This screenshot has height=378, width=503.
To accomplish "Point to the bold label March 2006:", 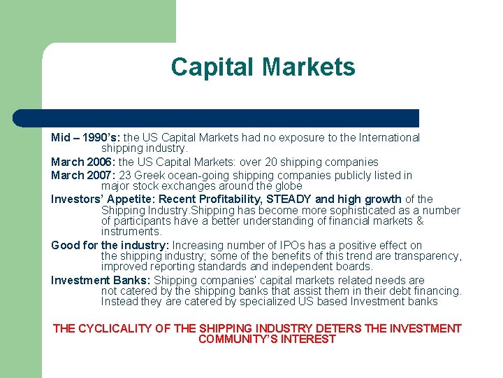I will tap(78, 162).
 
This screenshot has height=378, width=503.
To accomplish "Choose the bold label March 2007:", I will tap(78, 175).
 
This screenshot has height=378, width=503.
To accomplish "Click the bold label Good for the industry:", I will tap(110, 245).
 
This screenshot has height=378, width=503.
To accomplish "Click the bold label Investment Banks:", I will tap(101, 280).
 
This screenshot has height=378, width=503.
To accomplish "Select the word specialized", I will tap(266, 302).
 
